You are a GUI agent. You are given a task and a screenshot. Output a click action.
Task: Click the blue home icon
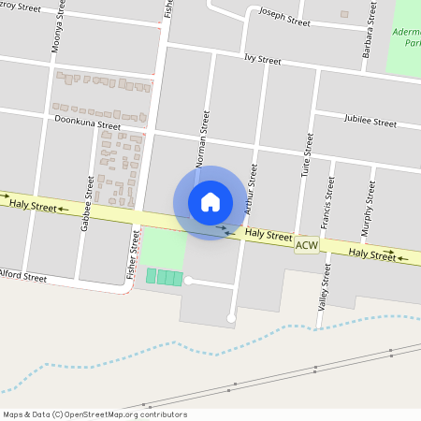tap(210, 202)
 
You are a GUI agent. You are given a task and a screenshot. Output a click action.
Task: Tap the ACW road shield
tap(306, 245)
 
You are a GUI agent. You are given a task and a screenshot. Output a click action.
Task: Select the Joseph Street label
tap(283, 19)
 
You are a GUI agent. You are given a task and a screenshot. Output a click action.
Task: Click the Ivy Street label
tap(262, 60)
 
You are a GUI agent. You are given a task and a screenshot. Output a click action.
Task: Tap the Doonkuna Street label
tap(88, 123)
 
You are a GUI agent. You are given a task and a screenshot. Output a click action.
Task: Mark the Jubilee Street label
tap(370, 122)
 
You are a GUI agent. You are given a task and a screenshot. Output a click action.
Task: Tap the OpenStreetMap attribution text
tap(94, 414)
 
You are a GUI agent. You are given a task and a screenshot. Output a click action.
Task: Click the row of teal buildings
tap(164, 277)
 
